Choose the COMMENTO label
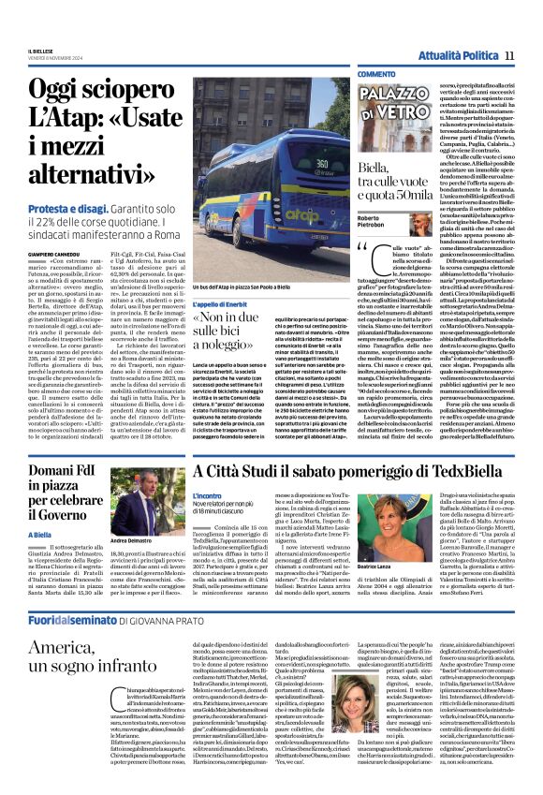pyautogui.click(x=376, y=73)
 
